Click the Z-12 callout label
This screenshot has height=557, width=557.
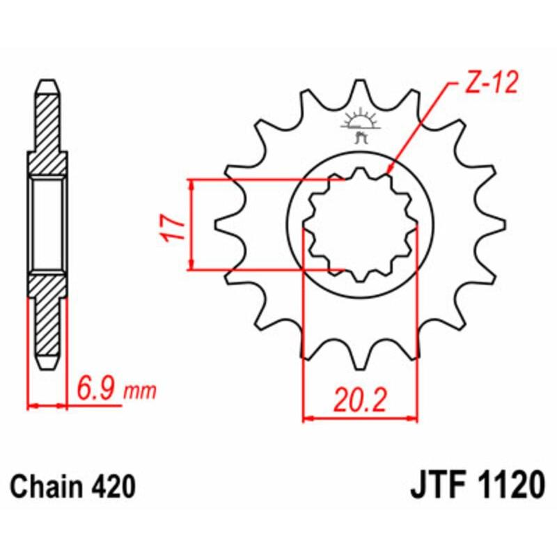click(490, 85)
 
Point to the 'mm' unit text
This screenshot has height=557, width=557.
click(139, 394)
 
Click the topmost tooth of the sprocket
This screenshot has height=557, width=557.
click(359, 91)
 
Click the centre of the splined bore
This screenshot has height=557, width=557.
click(359, 225)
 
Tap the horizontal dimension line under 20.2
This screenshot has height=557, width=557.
click(360, 419)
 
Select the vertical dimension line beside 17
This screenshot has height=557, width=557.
click(191, 224)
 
